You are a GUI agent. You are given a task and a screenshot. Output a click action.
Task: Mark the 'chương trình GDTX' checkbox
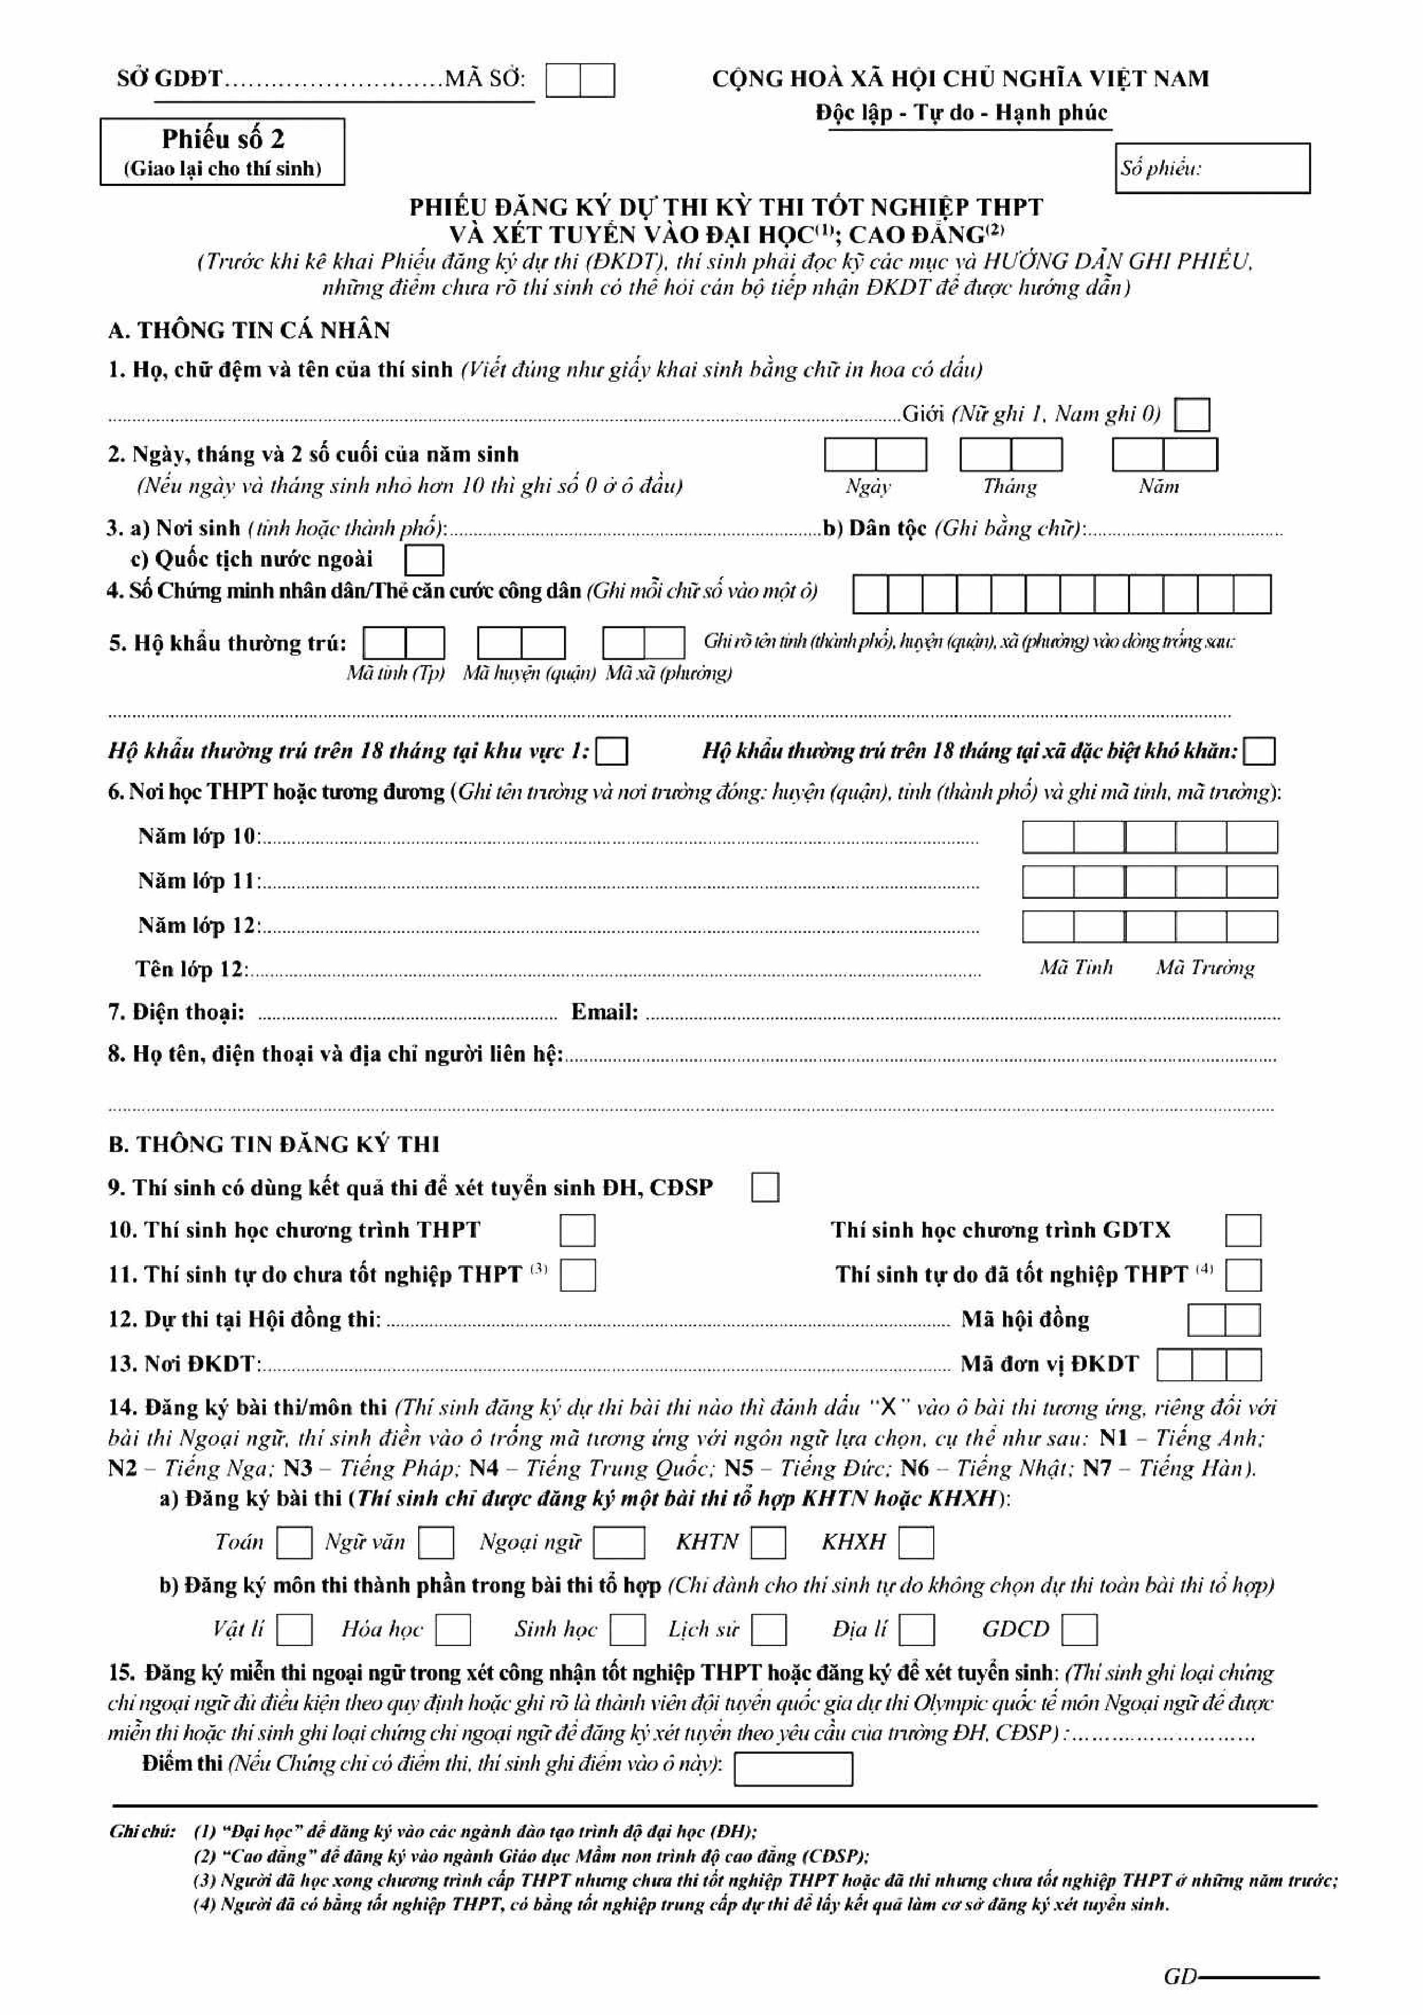click(x=1243, y=1231)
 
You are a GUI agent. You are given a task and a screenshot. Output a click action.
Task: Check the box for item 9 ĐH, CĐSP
click(x=765, y=1188)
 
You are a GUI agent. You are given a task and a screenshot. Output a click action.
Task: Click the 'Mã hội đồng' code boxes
click(x=1224, y=1320)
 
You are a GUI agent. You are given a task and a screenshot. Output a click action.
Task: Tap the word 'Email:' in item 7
click(x=605, y=1012)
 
